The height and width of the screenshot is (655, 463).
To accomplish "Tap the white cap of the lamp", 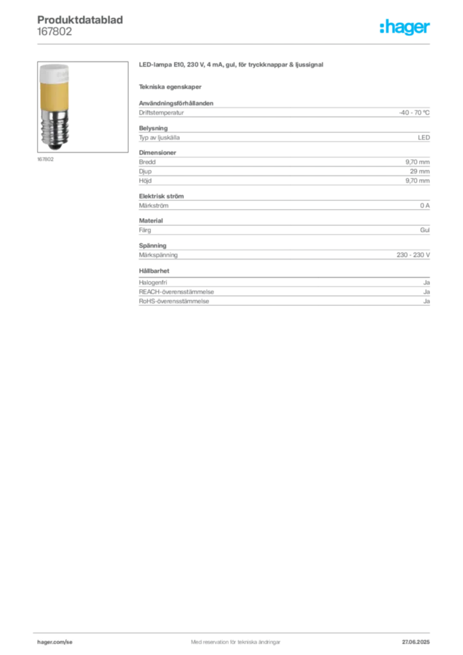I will [x=54, y=74].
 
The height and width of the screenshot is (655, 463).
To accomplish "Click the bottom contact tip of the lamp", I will [x=54, y=147].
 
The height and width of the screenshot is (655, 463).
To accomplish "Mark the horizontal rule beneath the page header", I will [x=235, y=43].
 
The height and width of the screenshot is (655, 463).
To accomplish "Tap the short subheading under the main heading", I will [x=171, y=86].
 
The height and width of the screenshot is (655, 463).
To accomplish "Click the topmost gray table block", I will [x=284, y=113].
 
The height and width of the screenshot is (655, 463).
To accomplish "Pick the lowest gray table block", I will [x=284, y=295].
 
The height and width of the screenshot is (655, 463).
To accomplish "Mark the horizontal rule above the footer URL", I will [x=235, y=631].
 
